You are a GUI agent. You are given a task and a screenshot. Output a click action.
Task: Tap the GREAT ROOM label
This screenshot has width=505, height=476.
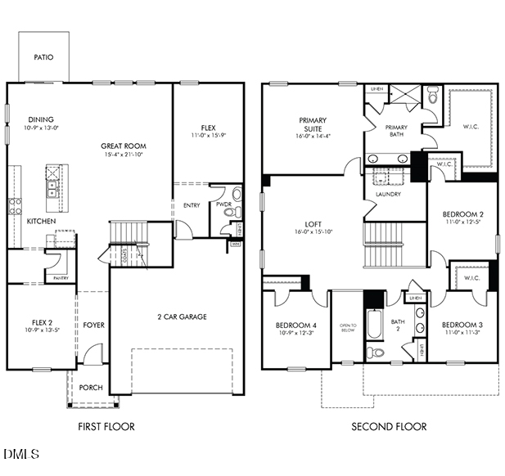(123, 146)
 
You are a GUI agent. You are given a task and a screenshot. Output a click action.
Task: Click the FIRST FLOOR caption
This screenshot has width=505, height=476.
(106, 426)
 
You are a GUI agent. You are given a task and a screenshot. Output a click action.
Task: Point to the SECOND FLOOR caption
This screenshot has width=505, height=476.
(389, 426)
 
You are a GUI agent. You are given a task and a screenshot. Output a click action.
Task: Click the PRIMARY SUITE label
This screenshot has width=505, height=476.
(313, 124)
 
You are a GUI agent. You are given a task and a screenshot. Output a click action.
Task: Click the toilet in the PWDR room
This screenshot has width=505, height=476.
(237, 195)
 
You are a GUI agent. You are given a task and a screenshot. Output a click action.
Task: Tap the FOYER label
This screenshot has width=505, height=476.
(93, 325)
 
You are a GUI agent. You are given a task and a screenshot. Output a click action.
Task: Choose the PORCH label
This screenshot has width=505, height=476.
(91, 387)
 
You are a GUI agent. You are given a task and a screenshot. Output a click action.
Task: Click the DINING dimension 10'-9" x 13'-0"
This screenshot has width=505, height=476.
(42, 128)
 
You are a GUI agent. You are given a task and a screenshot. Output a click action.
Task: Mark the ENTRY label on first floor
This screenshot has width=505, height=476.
(192, 205)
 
